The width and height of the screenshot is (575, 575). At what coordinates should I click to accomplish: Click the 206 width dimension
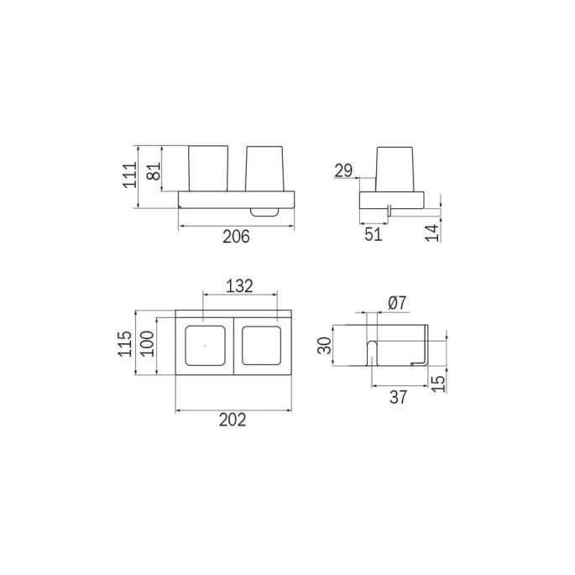point(238,237)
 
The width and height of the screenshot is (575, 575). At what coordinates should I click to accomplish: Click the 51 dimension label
point(374,235)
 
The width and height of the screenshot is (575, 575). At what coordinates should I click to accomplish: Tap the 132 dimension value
point(240,286)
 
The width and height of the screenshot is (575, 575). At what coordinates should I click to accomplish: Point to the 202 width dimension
point(233,421)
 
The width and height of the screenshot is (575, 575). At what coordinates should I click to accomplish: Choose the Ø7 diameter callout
point(399,301)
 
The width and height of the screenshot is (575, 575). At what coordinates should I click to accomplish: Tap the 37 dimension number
point(398,399)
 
